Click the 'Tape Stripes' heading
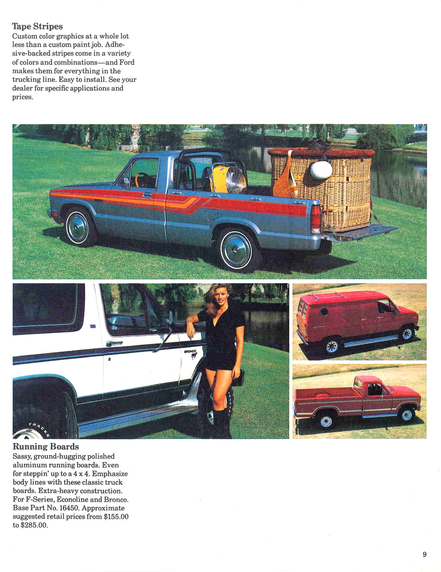[x=38, y=26]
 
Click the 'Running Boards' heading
[x=46, y=446]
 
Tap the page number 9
[x=424, y=555]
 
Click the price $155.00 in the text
[x=116, y=517]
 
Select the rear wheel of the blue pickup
[x=236, y=251]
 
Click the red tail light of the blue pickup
[x=316, y=219]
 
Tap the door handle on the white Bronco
[x=114, y=343]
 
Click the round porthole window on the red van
[x=324, y=311]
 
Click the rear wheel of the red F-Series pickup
[x=326, y=421]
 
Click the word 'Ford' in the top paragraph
[x=127, y=62]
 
